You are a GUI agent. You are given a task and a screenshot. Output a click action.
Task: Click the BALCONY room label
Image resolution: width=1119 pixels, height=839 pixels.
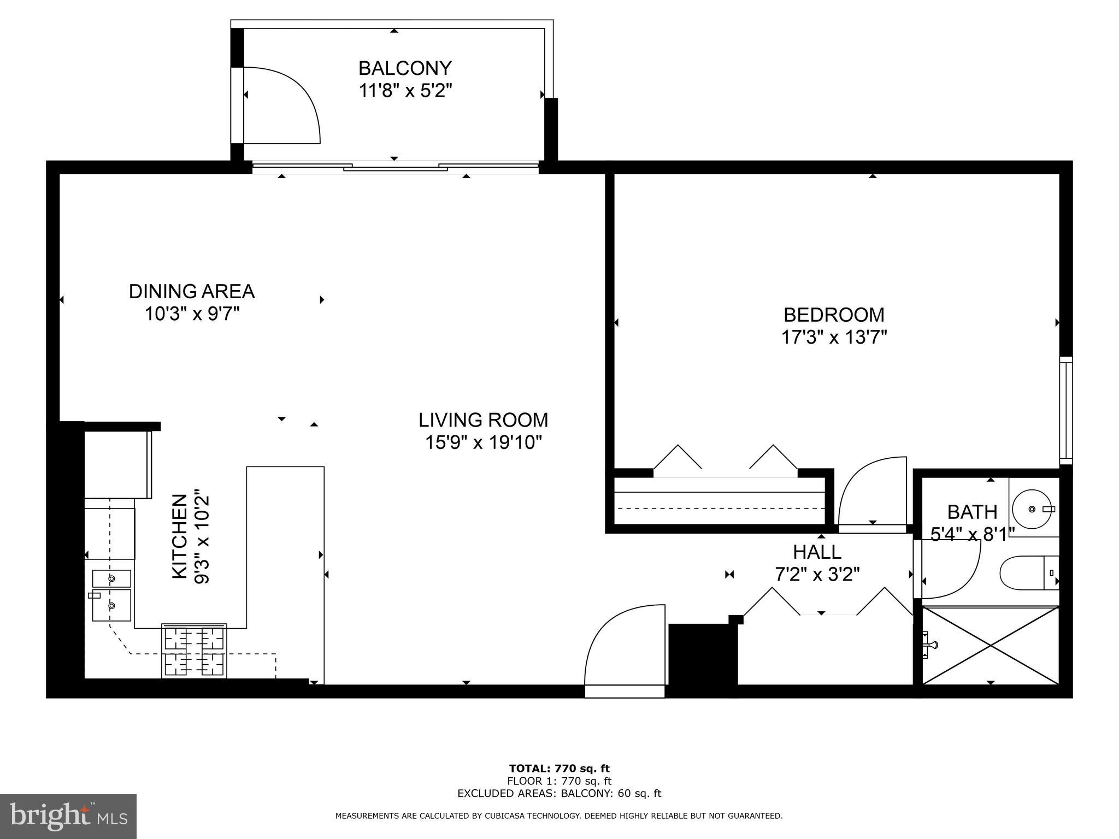[x=405, y=68]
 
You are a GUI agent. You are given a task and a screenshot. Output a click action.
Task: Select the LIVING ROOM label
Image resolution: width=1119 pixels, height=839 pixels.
[x=483, y=420]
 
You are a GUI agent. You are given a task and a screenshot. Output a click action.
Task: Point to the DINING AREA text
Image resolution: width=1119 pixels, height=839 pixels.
[x=192, y=292]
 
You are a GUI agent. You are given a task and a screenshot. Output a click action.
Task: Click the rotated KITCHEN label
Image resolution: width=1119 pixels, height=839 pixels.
[x=180, y=536]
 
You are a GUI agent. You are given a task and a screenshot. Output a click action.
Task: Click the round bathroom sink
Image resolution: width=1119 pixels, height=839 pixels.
[x=1032, y=509]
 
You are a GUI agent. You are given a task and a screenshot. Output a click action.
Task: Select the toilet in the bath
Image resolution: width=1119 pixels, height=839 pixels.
[x=1027, y=573]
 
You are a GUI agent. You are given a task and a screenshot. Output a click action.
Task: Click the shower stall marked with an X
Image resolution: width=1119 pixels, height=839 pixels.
[x=990, y=645]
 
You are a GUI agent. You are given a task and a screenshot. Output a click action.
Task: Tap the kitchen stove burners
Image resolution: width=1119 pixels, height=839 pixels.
[x=194, y=651]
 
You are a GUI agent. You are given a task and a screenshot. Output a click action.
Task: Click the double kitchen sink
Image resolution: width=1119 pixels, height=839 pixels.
[x=111, y=595]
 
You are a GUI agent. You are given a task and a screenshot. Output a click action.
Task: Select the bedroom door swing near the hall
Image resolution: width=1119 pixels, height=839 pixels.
[x=871, y=492]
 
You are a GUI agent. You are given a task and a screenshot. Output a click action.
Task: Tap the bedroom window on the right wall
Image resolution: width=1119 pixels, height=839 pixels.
[x=1065, y=410]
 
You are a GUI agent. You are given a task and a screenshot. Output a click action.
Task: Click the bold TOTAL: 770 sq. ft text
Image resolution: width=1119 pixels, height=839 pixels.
[x=559, y=769]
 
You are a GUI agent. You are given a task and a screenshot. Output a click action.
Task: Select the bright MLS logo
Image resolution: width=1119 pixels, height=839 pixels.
[x=68, y=817]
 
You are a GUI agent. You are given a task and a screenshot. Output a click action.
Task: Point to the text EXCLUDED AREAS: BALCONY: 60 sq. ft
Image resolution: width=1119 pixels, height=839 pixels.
[x=559, y=794]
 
